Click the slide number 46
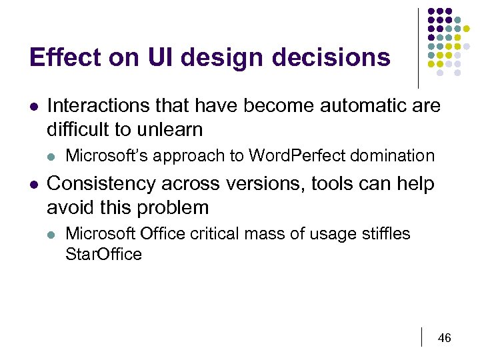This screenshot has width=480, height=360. click(x=444, y=338)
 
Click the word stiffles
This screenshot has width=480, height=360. click(x=386, y=234)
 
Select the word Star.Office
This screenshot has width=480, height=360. click(x=103, y=254)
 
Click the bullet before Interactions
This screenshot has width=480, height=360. click(x=33, y=106)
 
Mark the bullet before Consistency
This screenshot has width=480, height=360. click(x=33, y=184)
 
